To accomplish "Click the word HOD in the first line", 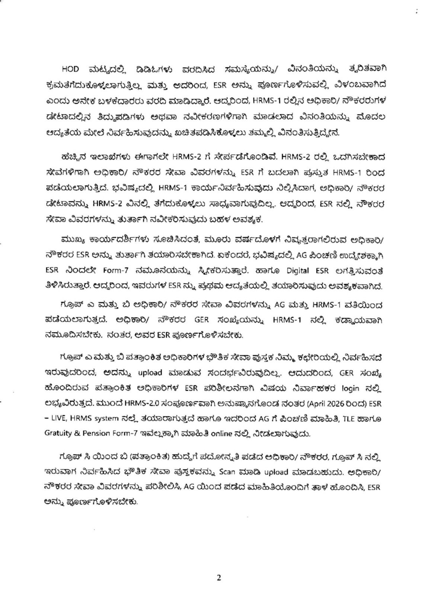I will pos(70,69).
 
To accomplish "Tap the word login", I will pos(350,389).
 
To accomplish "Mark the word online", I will pos(222,434).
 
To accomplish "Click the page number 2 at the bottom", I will pos(219,578).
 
